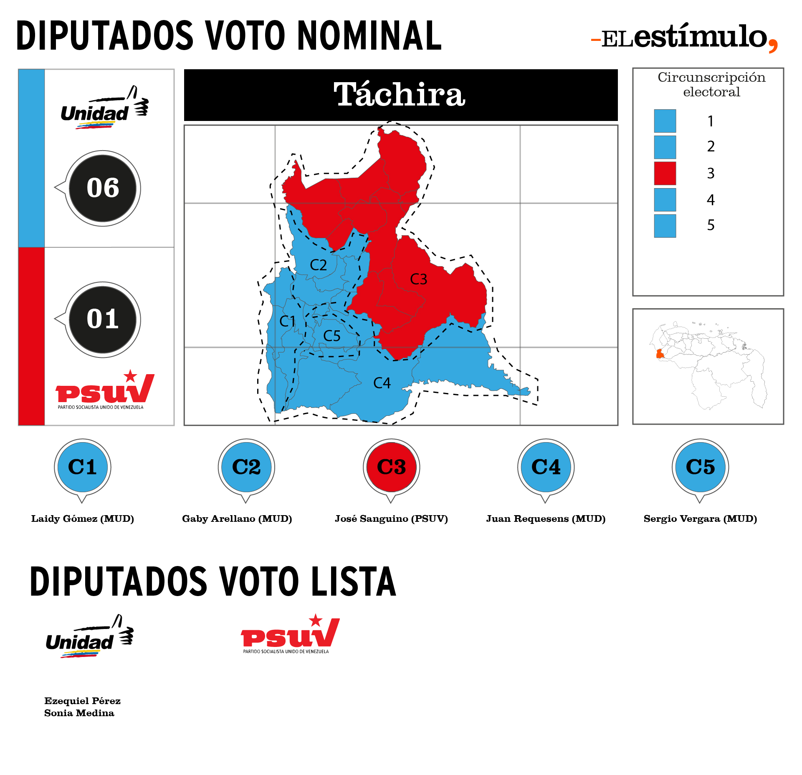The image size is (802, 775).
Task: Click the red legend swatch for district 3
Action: pyautogui.click(x=665, y=173)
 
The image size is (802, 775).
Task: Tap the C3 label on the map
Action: pyautogui.click(x=418, y=279)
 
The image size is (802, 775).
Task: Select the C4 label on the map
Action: pyautogui.click(x=382, y=383)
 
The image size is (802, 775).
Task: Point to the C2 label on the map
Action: pyautogui.click(x=318, y=265)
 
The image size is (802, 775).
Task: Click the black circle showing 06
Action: pyautogui.click(x=103, y=188)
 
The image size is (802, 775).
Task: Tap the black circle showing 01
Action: pyautogui.click(x=103, y=320)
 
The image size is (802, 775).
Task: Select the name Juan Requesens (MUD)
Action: pyautogui.click(x=546, y=518)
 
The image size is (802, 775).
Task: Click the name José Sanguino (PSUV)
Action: pyautogui.click(x=391, y=518)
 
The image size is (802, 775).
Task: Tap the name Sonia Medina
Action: pyautogui.click(x=79, y=713)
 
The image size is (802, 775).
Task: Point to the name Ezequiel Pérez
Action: pyautogui.click(x=82, y=701)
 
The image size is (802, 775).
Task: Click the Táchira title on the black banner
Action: pyautogui.click(x=400, y=94)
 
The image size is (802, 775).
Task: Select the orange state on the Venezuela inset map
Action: pyautogui.click(x=660, y=354)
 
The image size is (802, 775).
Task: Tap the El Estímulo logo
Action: pyautogui.click(x=685, y=38)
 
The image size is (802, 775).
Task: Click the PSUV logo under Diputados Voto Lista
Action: pyautogui.click(x=290, y=634)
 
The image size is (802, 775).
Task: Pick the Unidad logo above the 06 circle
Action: pyautogui.click(x=104, y=108)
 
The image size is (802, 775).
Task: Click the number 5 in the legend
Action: pyautogui.click(x=711, y=225)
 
